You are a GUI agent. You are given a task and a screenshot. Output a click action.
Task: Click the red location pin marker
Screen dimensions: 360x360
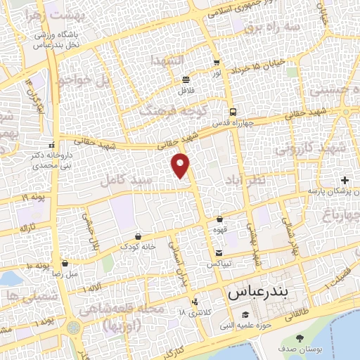click(x=181, y=165)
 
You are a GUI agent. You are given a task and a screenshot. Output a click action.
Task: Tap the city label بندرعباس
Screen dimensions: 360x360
click(x=253, y=291)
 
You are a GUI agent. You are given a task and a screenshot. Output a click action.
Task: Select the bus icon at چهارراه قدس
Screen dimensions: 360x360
click(x=232, y=112)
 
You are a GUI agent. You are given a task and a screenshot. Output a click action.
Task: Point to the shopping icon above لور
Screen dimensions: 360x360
click(x=216, y=63)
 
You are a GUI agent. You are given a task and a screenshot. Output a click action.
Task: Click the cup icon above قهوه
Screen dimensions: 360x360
click(x=220, y=219)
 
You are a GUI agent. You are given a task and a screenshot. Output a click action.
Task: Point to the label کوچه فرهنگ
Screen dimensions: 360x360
click(x=163, y=110)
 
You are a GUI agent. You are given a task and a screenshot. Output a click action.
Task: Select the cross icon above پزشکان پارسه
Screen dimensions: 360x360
click(x=345, y=181)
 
